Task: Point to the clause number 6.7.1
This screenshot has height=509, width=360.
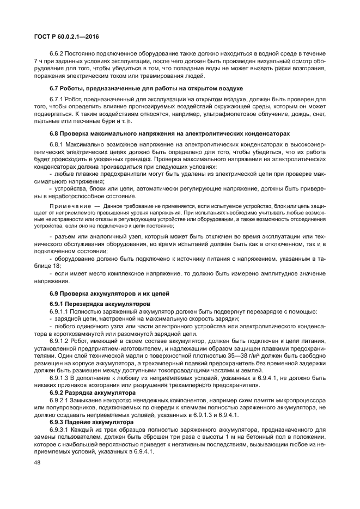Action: coord(58,99)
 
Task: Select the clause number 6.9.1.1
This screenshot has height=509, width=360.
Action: coord(60,311)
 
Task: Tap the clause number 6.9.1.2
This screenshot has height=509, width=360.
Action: coord(60,339)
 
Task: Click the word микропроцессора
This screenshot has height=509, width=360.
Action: coord(303,400)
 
